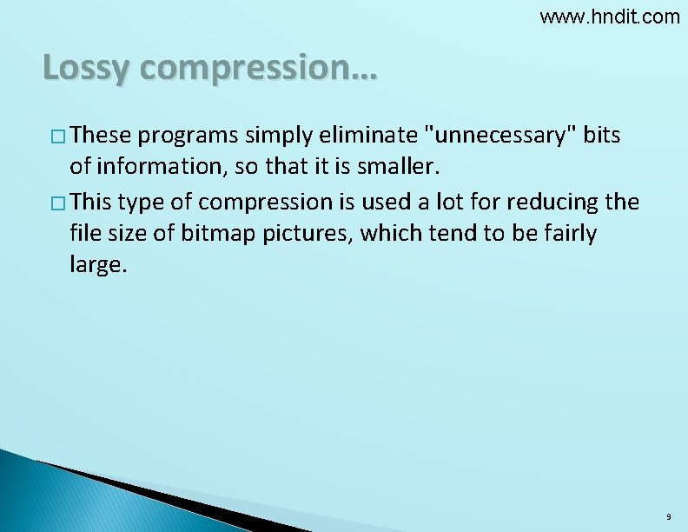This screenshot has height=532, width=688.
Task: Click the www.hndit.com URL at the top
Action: pyautogui.click(x=610, y=17)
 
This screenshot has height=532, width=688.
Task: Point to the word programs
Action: pyautogui.click(x=187, y=136)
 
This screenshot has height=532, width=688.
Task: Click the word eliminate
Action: pyautogui.click(x=368, y=136)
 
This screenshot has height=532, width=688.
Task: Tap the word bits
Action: pyautogui.click(x=602, y=136)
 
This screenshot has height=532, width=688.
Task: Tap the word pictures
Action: pyautogui.click(x=309, y=234)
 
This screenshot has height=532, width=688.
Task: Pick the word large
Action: pyautogui.click(x=97, y=266)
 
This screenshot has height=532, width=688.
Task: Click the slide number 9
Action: pyautogui.click(x=667, y=517)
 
